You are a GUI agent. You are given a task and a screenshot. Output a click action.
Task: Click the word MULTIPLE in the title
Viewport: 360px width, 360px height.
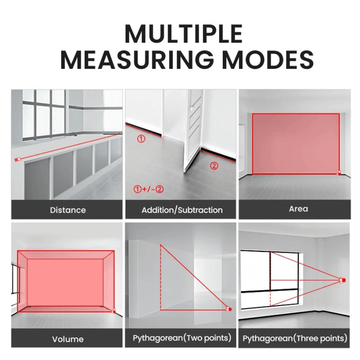click(x=184, y=34)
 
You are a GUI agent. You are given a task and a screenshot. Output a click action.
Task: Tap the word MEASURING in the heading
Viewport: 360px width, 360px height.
click(x=137, y=59)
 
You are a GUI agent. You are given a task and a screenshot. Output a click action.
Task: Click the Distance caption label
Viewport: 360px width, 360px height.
click(x=68, y=210)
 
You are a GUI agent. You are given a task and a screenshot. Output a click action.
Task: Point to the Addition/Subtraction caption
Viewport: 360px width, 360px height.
click(x=182, y=210)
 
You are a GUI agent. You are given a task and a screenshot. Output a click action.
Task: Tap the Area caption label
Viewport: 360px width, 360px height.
click(x=298, y=209)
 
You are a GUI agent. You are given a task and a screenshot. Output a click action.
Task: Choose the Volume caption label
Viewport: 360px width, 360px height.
click(x=68, y=339)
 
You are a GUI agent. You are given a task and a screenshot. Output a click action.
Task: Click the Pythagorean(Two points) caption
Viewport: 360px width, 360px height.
click(x=182, y=338)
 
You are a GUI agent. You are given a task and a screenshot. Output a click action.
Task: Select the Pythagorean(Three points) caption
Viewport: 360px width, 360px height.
click(x=295, y=338)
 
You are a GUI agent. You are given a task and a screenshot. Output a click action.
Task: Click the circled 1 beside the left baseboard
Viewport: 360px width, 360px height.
click(x=141, y=139)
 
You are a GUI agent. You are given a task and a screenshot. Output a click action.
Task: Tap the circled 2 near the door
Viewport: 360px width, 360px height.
click(x=214, y=166)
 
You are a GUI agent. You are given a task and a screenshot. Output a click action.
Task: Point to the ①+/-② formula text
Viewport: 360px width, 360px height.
click(x=149, y=190)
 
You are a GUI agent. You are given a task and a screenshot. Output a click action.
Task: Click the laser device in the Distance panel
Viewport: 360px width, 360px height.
click(x=17, y=160)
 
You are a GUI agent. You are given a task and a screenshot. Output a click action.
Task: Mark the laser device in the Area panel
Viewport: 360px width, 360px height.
click(x=340, y=173)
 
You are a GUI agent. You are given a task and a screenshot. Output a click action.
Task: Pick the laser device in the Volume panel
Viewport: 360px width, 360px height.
click(x=113, y=311)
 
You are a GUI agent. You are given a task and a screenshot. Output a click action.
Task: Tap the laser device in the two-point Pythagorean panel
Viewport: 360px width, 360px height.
click(x=229, y=309)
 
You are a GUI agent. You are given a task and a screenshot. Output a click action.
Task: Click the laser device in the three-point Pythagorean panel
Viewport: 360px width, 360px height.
click(x=343, y=280)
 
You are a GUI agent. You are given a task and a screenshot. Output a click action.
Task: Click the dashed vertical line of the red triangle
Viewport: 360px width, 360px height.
click(x=160, y=277)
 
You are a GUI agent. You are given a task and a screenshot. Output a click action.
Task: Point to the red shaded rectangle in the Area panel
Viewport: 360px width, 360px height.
click(x=296, y=143)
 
